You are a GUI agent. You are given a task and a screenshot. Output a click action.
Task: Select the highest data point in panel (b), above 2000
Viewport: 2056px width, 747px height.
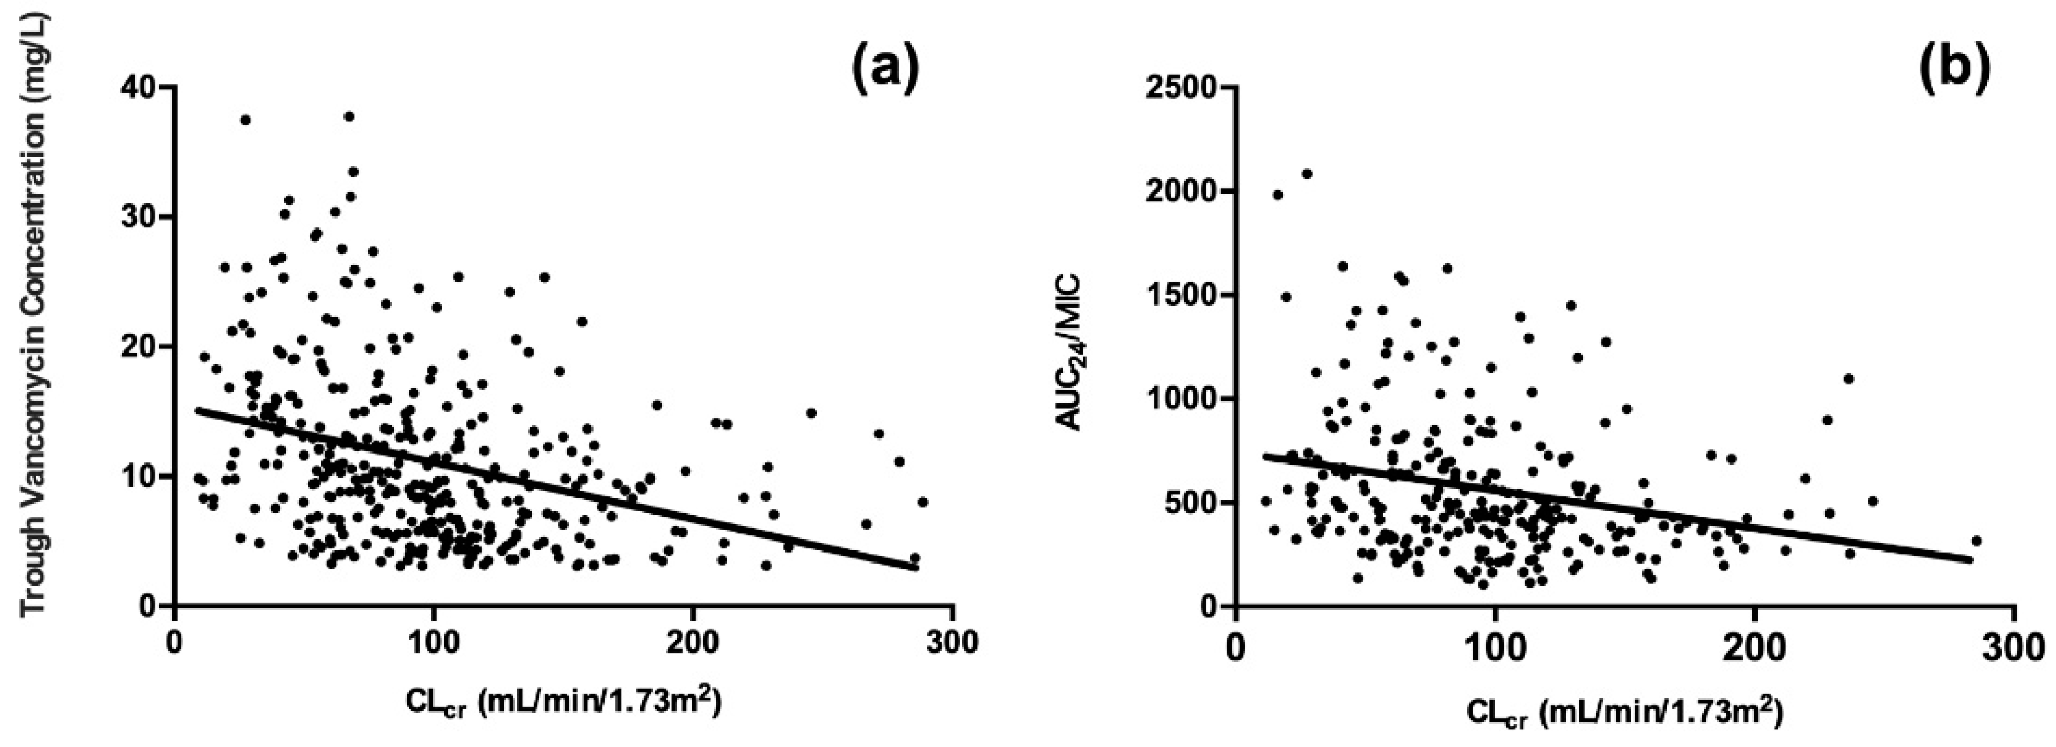1307,173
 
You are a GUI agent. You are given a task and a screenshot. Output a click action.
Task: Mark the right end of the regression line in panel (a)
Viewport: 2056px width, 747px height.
917,569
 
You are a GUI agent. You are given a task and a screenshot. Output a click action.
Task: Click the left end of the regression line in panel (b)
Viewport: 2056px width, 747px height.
1264,456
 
